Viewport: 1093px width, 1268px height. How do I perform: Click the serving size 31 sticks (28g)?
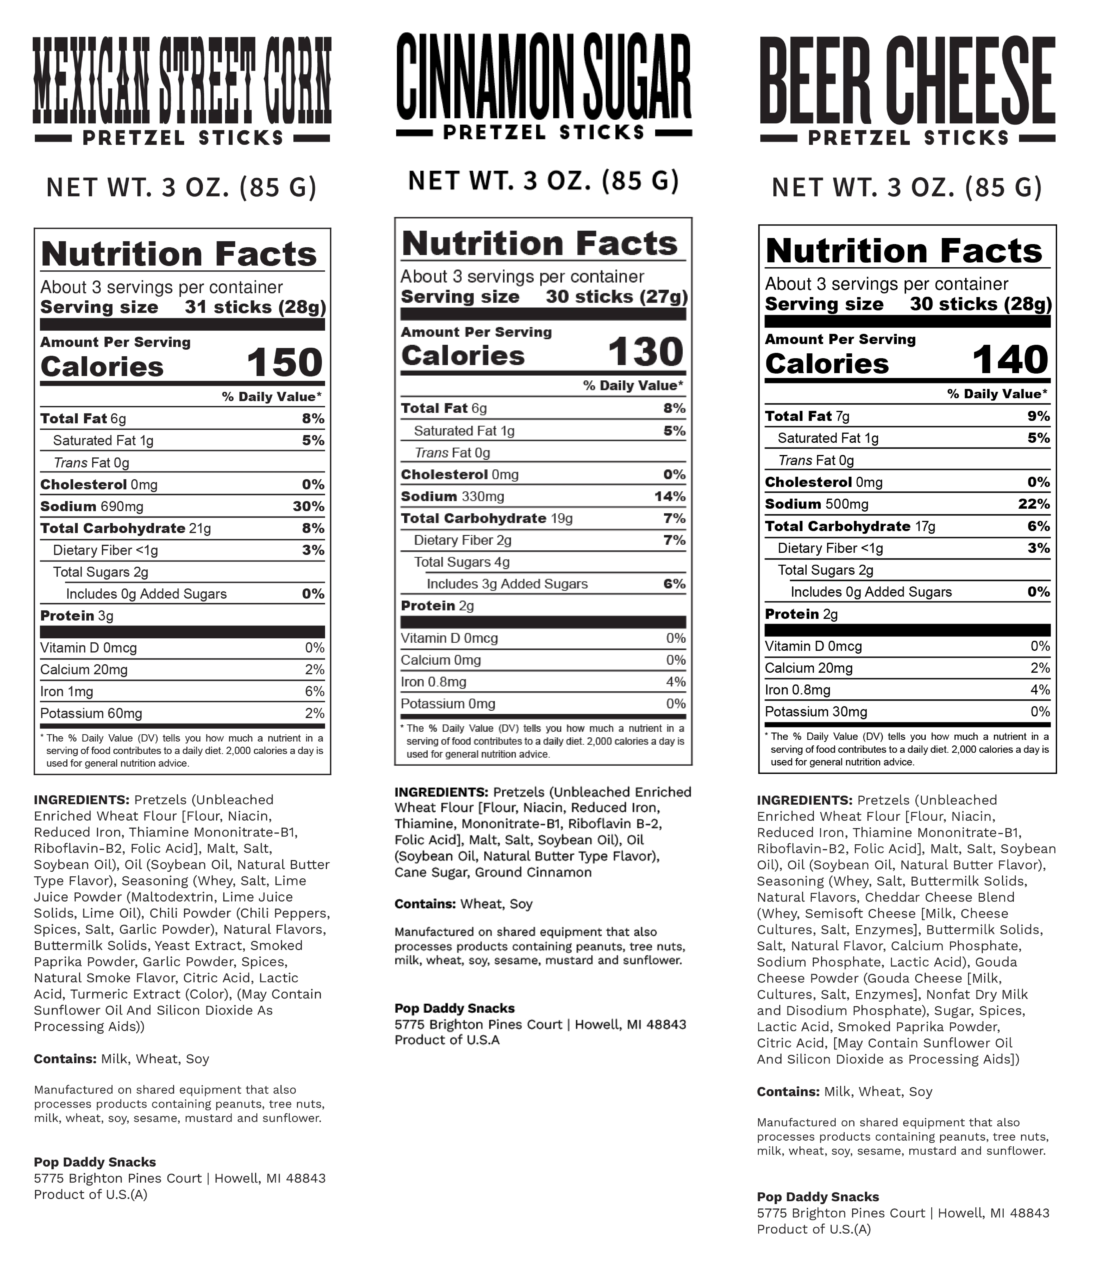255,307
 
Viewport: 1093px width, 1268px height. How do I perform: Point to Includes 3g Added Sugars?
507,584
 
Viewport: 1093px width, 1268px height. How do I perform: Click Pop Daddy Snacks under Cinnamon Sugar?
454,1009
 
